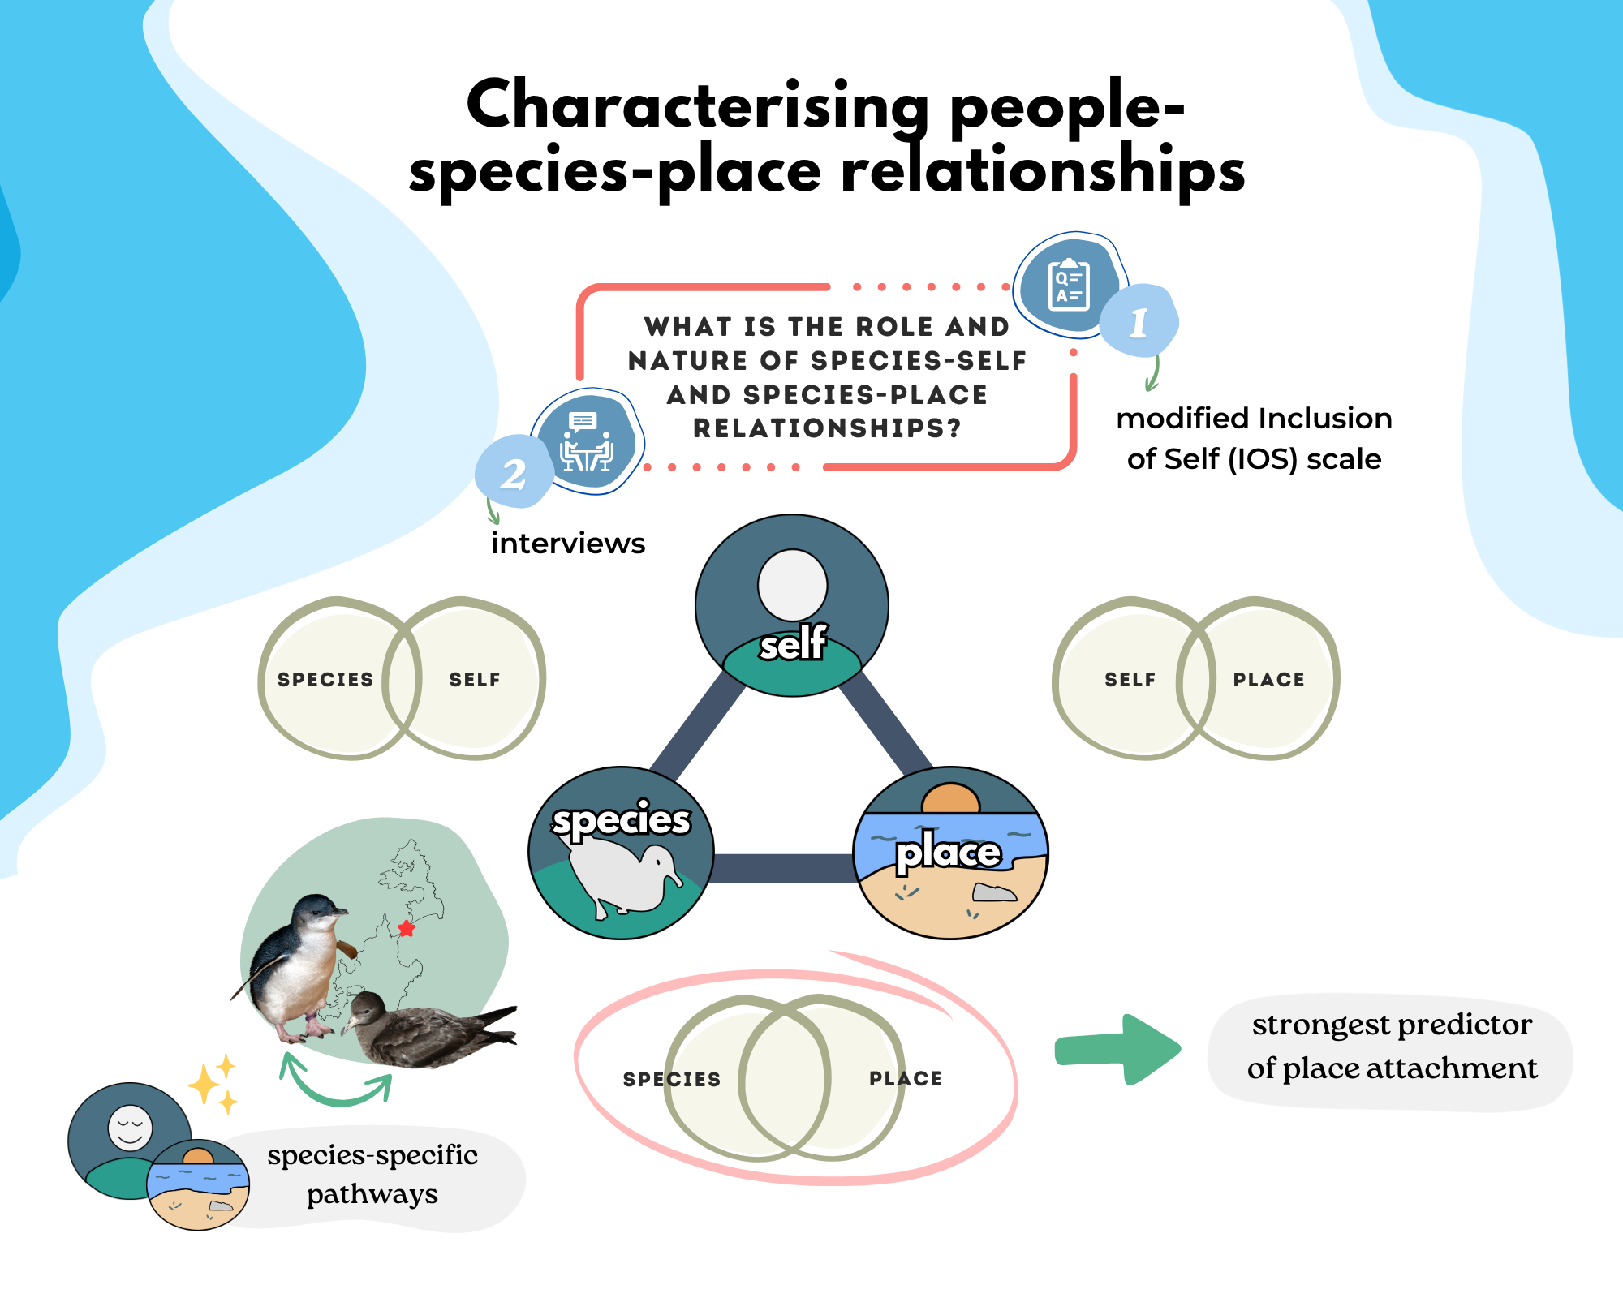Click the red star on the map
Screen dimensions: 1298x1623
click(407, 928)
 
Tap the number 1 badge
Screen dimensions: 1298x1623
click(1139, 322)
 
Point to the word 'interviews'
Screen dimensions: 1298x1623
click(567, 544)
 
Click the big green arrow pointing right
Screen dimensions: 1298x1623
click(1118, 1049)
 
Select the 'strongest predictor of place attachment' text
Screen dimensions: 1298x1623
click(1392, 1047)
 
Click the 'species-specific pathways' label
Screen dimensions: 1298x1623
click(372, 1174)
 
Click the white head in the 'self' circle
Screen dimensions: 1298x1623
click(792, 585)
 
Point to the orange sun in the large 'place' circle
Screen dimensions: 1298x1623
click(951, 798)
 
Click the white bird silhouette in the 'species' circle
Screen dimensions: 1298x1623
click(625, 880)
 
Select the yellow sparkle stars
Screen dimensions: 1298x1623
click(213, 1084)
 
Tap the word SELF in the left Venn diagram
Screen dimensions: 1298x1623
click(475, 680)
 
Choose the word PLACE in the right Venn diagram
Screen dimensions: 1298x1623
click(1268, 680)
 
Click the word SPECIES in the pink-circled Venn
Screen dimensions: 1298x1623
click(671, 1079)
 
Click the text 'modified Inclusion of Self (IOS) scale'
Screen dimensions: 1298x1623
click(1254, 439)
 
